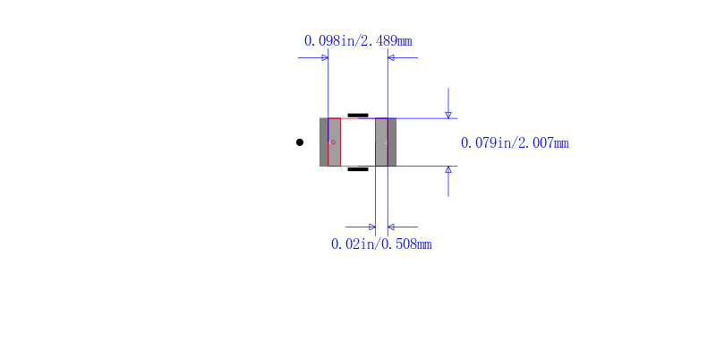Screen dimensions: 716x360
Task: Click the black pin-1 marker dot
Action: pos(300,142)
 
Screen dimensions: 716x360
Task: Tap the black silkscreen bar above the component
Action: pos(358,116)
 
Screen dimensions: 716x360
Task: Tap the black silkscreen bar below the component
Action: pos(358,169)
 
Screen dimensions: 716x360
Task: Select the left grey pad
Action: pos(330,142)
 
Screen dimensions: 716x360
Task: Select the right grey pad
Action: pos(386,142)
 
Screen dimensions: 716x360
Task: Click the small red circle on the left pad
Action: pos(333,142)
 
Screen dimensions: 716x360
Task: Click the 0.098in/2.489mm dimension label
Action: pos(358,41)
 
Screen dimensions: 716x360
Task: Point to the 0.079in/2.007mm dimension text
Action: pos(515,143)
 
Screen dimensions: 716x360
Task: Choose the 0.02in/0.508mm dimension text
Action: pos(381,244)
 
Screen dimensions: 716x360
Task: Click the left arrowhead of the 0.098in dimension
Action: pos(325,57)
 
